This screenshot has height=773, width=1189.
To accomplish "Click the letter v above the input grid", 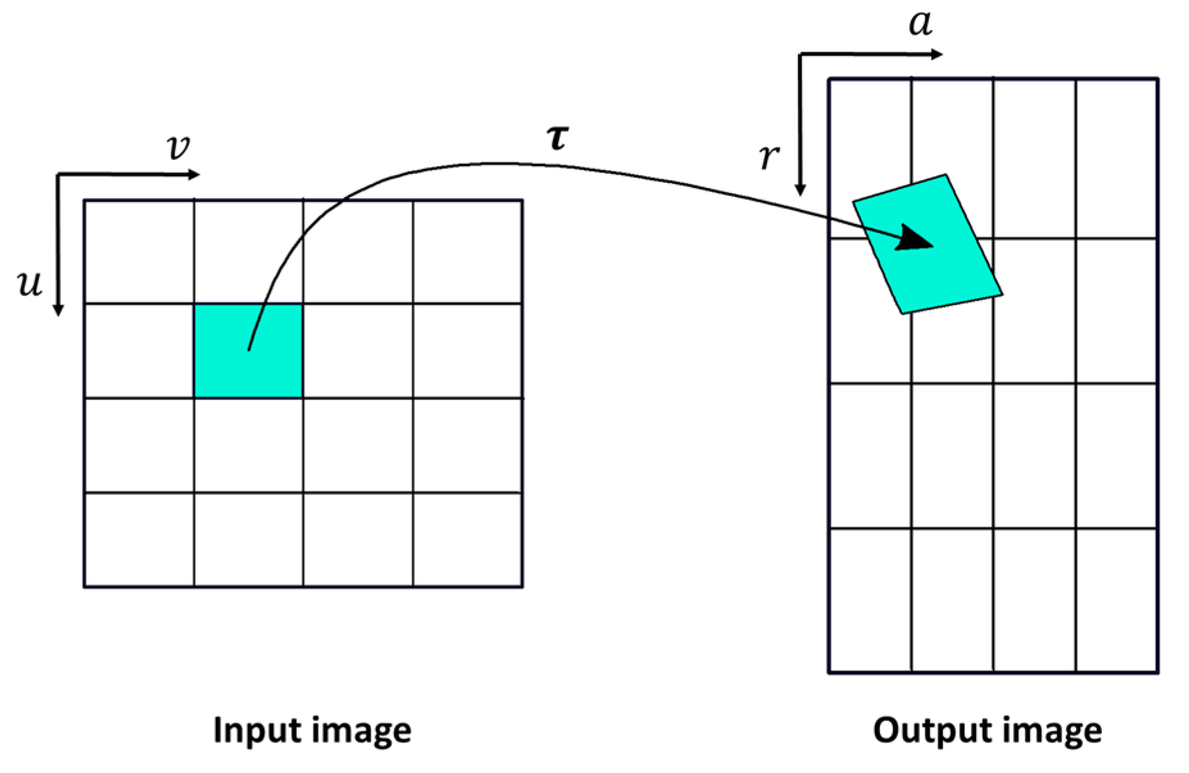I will tap(178, 148).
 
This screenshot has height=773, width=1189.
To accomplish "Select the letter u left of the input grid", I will tap(29, 283).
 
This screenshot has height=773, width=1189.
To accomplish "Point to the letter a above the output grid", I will tap(920, 24).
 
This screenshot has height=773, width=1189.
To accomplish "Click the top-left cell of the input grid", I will tap(138, 251).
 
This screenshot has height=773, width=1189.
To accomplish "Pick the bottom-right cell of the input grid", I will tap(467, 539).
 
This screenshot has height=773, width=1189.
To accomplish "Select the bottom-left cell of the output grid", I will tap(870, 600).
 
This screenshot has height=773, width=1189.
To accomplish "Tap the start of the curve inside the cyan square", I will tap(249, 348).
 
